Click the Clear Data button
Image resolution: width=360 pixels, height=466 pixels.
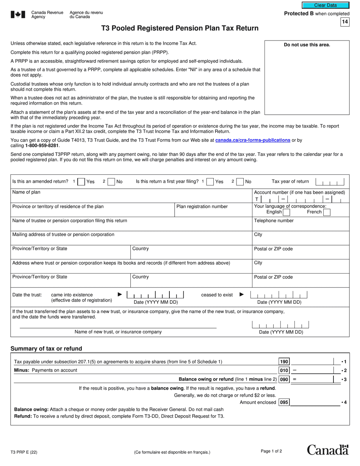tap(325, 5)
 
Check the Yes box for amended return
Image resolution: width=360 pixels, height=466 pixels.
tap(81, 182)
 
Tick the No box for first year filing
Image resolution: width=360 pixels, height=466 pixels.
tap(240, 182)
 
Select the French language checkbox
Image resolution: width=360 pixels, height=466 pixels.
tap(327, 212)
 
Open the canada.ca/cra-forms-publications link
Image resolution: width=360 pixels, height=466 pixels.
tap(253, 140)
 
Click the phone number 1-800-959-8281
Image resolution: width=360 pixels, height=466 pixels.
tap(42, 145)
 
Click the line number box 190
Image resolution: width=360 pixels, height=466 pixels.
tap(284, 362)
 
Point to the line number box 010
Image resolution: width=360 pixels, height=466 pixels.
tap(284, 371)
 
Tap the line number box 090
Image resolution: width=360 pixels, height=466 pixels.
tap(284, 379)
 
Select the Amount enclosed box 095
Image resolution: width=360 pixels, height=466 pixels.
tap(284, 402)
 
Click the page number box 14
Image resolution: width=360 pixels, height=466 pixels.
tap(345, 22)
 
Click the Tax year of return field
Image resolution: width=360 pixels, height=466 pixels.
tap(330, 182)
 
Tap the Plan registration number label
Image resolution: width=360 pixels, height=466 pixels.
tap(202, 206)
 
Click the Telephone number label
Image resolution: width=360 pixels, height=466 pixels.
tap(274, 220)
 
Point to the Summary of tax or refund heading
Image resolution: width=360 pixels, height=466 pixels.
tap(46, 349)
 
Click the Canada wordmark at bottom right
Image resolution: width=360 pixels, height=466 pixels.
tap(327, 450)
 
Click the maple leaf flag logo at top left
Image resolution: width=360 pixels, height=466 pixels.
tap(18, 14)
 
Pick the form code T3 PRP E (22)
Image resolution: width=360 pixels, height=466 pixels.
tap(24, 452)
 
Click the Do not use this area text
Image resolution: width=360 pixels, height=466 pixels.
tap(307, 45)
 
